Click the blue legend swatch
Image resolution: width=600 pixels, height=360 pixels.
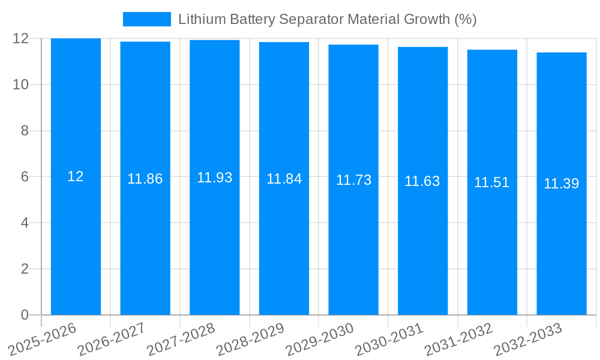tap(146, 19)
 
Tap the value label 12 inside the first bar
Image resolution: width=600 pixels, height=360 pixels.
tap(76, 176)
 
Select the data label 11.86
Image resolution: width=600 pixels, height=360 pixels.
tap(145, 179)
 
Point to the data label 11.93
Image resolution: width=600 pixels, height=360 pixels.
tap(215, 178)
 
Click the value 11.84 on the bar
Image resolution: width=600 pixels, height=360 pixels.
tap(284, 179)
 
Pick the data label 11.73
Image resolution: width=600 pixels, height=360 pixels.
tap(353, 180)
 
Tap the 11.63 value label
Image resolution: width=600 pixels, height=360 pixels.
tap(422, 181)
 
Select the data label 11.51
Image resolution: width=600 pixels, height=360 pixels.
tap(492, 182)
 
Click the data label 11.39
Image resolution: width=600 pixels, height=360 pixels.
tap(562, 184)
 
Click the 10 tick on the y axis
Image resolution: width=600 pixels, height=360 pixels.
tap(21, 85)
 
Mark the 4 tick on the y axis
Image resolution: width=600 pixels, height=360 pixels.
tap(25, 223)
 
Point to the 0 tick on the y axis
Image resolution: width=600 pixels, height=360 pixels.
tap(25, 315)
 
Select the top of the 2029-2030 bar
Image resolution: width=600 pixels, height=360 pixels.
tap(353, 45)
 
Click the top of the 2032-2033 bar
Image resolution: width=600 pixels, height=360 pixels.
tap(562, 53)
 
